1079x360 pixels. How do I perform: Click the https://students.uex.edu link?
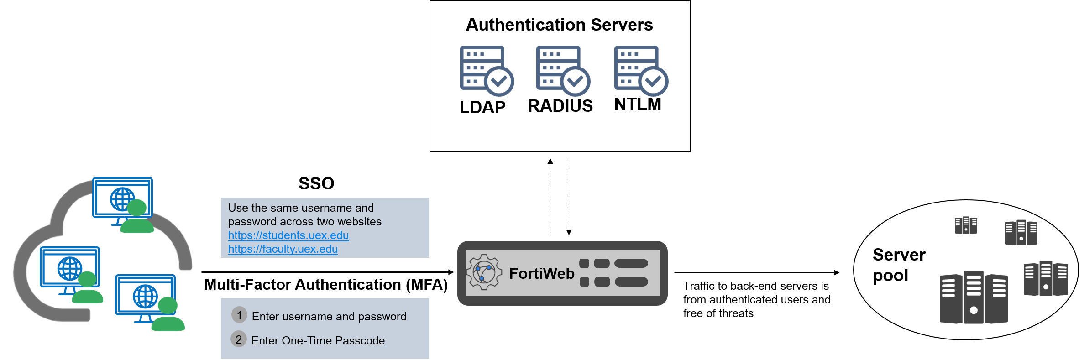(288, 235)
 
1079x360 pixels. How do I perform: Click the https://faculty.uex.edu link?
(283, 249)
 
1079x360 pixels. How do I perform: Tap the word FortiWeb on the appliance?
(542, 273)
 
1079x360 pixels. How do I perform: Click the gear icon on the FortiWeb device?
(484, 272)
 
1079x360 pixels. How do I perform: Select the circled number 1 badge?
(239, 315)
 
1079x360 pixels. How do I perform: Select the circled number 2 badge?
(239, 339)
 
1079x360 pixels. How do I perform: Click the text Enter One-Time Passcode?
(318, 341)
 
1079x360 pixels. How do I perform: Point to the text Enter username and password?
(329, 317)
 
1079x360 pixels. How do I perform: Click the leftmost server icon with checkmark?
(487, 70)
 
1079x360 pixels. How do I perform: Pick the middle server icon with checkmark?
(563, 70)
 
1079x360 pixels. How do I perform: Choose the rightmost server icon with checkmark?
(640, 70)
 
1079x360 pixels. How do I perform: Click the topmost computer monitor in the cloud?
(122, 198)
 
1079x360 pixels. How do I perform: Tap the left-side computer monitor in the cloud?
(70, 267)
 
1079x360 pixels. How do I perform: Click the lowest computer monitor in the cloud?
(145, 295)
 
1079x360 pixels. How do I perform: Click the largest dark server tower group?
(974, 297)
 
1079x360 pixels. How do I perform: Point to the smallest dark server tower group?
(966, 225)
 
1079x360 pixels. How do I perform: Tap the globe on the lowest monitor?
(145, 296)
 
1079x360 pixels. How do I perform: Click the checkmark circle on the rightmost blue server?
(653, 82)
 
